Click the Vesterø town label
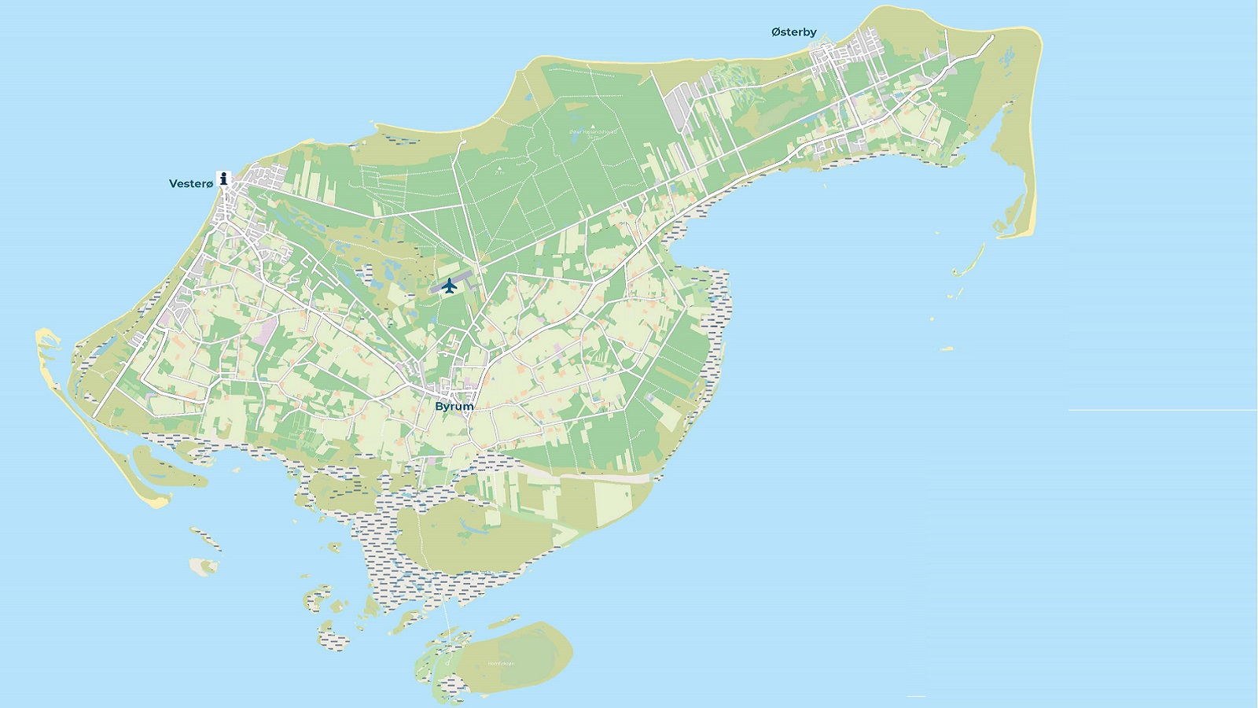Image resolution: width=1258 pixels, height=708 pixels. pos(191,184)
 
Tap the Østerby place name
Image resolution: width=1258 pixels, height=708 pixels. pos(794,32)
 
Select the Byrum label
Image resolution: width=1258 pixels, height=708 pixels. pos(454,407)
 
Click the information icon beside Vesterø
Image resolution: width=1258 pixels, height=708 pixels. pos(224,179)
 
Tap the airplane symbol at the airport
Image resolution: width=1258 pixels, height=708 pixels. pos(449,285)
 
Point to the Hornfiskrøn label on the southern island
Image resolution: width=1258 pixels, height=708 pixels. pos(501,663)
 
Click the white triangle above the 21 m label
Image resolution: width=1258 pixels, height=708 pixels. pos(500,168)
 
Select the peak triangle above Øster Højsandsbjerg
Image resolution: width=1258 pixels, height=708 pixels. pos(593,126)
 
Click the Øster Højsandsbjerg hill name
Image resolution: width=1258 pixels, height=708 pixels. pos(593,132)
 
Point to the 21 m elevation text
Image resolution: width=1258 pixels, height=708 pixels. pos(500,173)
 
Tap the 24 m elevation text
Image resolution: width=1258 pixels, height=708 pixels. pos(593,138)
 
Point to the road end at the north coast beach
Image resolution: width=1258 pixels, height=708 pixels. pos(465,142)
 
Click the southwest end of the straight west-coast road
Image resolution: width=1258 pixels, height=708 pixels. pos(95,415)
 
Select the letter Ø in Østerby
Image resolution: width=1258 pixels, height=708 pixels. pos(776,32)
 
